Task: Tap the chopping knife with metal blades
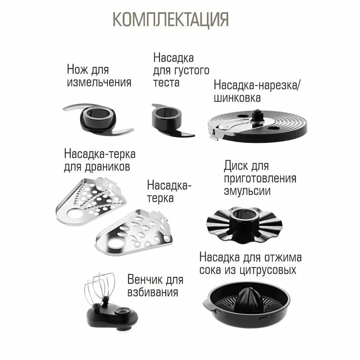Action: pyautogui.click(x=98, y=120)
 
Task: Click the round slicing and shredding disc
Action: pyautogui.click(x=257, y=126)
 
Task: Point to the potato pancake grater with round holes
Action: pyautogui.click(x=91, y=201)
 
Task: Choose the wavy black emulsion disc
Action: pyautogui.click(x=244, y=224)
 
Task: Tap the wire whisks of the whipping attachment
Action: pyautogui.click(x=99, y=289)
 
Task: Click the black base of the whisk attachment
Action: pyautogui.click(x=112, y=317)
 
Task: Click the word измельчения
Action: pyautogui.click(x=99, y=82)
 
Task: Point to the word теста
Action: pyautogui.click(x=166, y=82)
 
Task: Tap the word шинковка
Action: pyautogui.click(x=237, y=98)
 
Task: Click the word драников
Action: pyautogui.click(x=107, y=167)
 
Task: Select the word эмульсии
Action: pyautogui.click(x=247, y=191)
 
